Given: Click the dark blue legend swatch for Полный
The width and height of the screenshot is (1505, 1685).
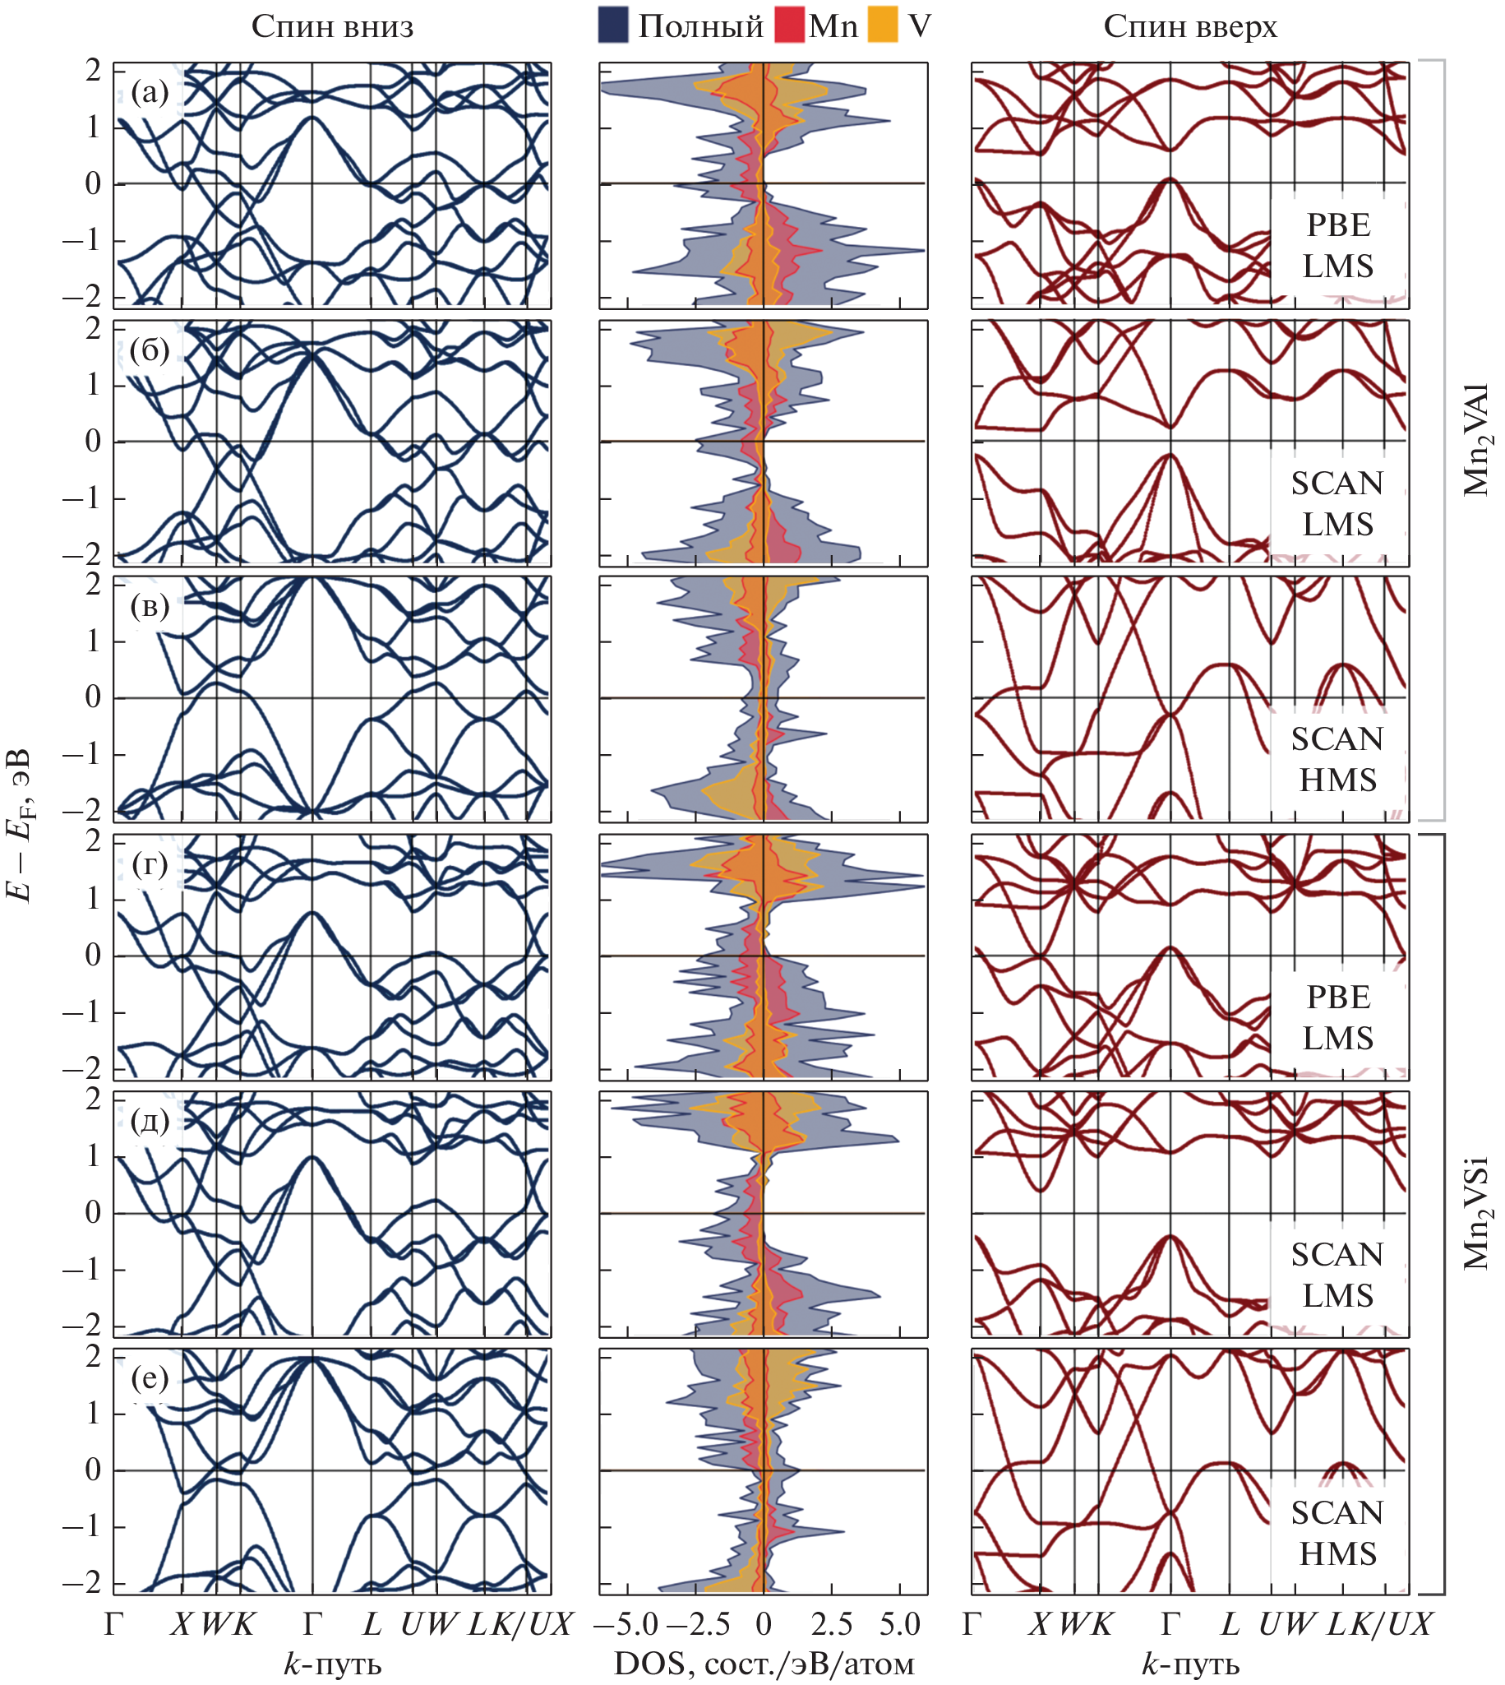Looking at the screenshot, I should [612, 25].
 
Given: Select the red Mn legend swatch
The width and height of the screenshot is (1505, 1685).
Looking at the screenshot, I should [789, 25].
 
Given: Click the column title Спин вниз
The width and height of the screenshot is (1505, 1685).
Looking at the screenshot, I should [331, 27].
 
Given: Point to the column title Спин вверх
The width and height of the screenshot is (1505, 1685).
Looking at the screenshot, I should [1190, 27].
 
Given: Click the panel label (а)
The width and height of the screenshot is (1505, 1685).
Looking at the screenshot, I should [150, 93].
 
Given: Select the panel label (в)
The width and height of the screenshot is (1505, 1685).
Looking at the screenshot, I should [150, 606].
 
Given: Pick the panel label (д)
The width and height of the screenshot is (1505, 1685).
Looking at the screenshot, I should [150, 1121].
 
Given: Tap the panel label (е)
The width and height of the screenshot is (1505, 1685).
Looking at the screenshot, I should [150, 1378].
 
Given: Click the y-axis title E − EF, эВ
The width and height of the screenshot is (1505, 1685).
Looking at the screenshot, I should [21, 825].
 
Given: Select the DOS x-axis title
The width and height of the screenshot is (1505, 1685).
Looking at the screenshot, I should [764, 1664].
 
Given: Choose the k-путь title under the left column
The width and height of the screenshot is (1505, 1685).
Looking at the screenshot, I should [331, 1664].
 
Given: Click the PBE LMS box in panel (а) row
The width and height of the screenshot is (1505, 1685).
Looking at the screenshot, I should [1337, 246].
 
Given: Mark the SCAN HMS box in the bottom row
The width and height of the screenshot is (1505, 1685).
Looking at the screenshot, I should [1337, 1533].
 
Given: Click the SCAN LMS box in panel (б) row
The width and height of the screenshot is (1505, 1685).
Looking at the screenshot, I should [1337, 503].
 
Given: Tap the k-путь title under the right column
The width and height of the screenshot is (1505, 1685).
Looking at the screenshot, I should [1190, 1664].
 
